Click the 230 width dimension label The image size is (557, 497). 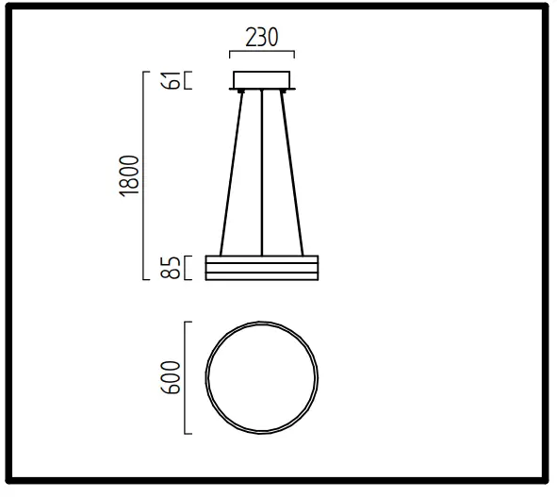[x=263, y=39]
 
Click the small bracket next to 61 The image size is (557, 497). [x=188, y=79]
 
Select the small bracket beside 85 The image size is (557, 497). [x=188, y=268]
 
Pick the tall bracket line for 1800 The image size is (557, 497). [x=144, y=175]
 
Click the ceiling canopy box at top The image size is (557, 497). [x=263, y=79]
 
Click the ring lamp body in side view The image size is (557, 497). [x=263, y=268]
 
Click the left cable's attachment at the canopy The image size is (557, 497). [x=241, y=92]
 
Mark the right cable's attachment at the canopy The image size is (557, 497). [x=284, y=92]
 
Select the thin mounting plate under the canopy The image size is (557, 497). [x=263, y=90]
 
